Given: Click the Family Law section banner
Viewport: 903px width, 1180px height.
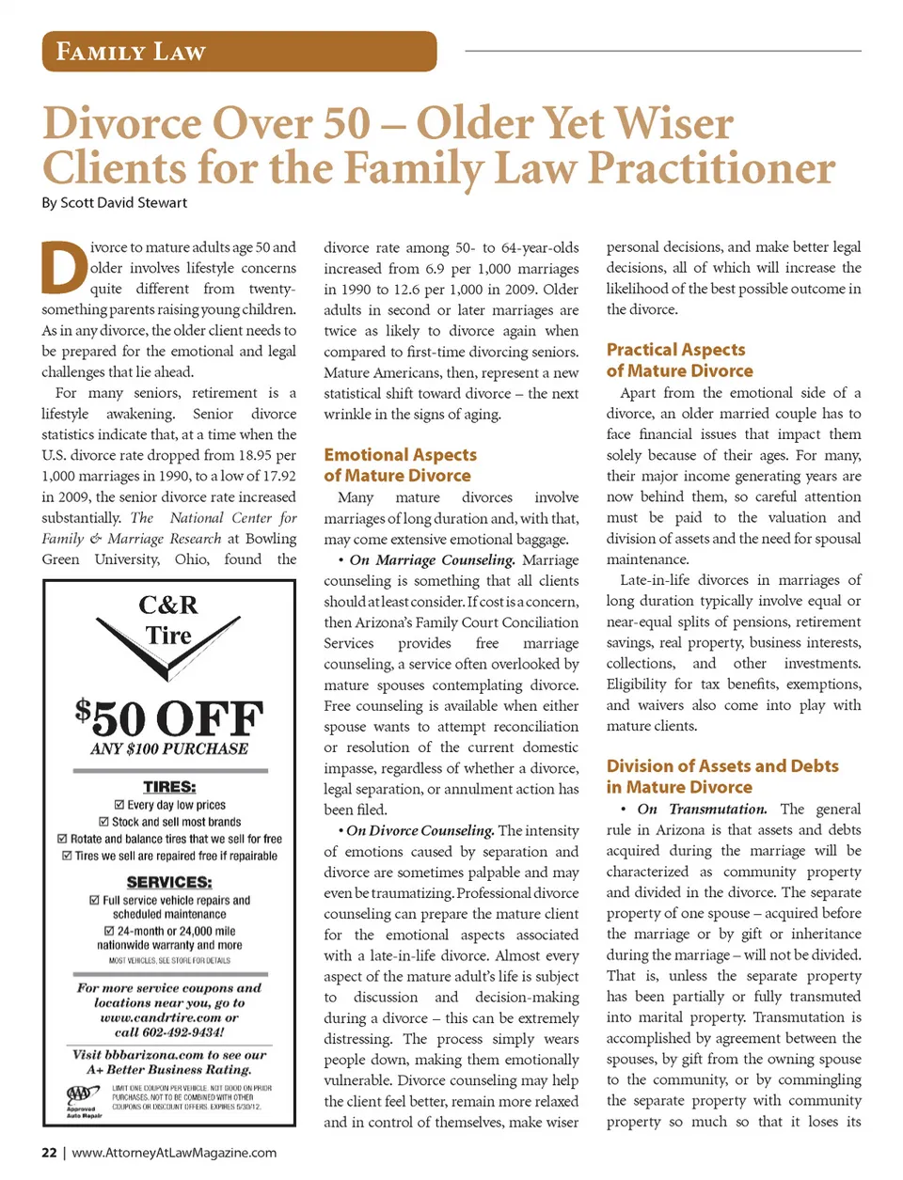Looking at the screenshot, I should coord(239,52).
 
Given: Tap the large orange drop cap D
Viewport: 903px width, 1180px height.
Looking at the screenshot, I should coord(64,268).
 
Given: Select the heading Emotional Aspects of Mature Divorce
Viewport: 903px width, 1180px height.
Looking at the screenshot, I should coord(400,465).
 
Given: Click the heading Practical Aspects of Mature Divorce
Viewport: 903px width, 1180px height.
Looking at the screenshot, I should coord(679,360).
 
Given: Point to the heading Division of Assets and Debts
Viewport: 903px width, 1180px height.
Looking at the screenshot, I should coord(721,777).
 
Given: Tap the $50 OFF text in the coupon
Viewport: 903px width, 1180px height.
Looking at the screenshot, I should coord(169,718).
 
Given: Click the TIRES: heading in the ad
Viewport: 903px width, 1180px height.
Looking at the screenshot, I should coord(169,787).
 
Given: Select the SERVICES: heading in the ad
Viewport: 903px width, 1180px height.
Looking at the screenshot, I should coord(169,882).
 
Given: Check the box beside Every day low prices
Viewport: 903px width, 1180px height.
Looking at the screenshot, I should coord(119,805).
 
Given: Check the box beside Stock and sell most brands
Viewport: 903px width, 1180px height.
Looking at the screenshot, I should coord(104,822).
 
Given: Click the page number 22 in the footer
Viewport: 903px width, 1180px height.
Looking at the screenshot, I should coord(49,1153).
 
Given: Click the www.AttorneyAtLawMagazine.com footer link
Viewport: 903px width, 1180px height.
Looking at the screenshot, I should coord(174,1153).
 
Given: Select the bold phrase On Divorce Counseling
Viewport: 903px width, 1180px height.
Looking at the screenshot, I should coord(420,831).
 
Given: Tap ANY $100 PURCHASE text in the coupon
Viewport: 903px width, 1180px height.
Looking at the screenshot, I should coord(169,749).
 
